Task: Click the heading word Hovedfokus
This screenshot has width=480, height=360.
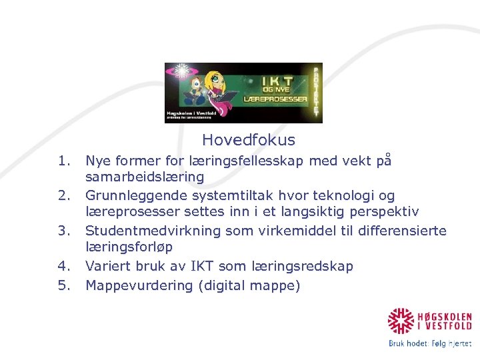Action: click(248, 140)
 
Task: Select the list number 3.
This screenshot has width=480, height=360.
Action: click(64, 231)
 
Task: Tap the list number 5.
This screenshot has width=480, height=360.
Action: click(64, 286)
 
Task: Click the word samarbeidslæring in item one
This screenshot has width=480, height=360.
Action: click(145, 177)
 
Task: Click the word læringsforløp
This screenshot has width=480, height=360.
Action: click(129, 247)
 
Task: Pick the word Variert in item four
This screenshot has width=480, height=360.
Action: click(107, 266)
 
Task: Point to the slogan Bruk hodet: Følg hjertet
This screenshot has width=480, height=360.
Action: click(430, 344)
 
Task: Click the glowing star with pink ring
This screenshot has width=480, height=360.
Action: click(179, 72)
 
